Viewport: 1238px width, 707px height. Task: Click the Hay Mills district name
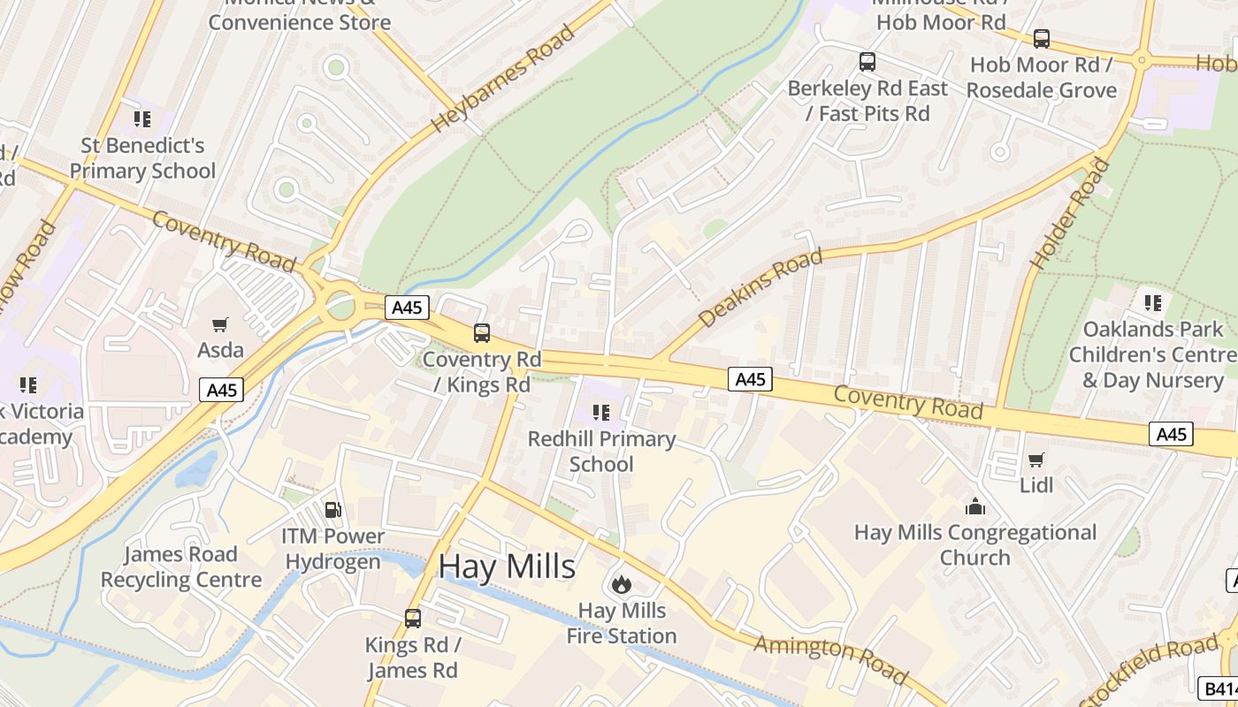[x=507, y=566]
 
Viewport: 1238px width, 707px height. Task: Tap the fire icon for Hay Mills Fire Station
[x=621, y=584]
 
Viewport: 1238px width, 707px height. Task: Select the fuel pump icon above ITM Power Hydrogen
[x=333, y=510]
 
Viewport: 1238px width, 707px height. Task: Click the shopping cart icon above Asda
[x=220, y=324]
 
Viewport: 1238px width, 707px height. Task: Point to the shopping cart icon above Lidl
[x=1036, y=460]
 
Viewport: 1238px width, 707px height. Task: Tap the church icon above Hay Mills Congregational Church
[x=975, y=506]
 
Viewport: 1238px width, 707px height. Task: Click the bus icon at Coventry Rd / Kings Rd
[x=482, y=333]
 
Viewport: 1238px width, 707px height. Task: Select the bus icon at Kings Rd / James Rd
[x=413, y=619]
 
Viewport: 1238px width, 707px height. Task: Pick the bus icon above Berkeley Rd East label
[x=867, y=62]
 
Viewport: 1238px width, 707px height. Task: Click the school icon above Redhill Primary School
[x=601, y=413]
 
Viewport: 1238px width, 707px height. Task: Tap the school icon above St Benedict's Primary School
[x=141, y=119]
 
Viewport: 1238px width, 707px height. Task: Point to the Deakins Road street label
[x=760, y=288]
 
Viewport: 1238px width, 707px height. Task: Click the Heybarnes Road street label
[x=504, y=80]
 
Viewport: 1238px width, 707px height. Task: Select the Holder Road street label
[x=1070, y=214]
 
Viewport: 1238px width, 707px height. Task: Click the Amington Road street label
[x=831, y=659]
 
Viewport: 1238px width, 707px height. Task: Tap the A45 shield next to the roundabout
[x=408, y=308]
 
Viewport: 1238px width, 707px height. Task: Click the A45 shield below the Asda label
[x=221, y=390]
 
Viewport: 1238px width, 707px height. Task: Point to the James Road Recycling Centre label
[x=181, y=567]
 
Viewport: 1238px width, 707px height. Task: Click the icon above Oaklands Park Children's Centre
[x=1152, y=303]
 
